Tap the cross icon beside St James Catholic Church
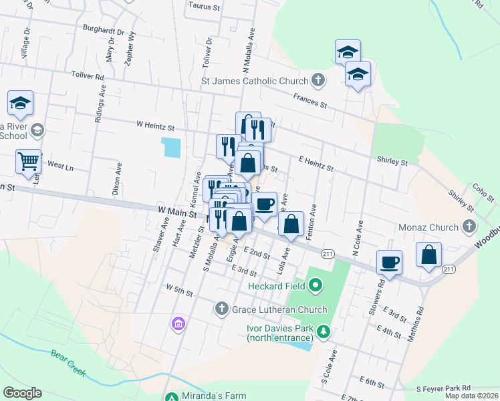318,81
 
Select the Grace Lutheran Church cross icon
222,309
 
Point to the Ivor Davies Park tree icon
324,331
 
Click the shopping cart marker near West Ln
28,161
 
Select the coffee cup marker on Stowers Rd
388,262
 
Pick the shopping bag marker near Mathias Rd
428,254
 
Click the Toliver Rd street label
90,78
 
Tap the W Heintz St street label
154,126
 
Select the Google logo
22,393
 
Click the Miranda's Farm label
215,396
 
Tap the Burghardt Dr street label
104,30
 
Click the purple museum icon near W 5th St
178,324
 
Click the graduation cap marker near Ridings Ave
20,103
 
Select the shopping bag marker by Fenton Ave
291,224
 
